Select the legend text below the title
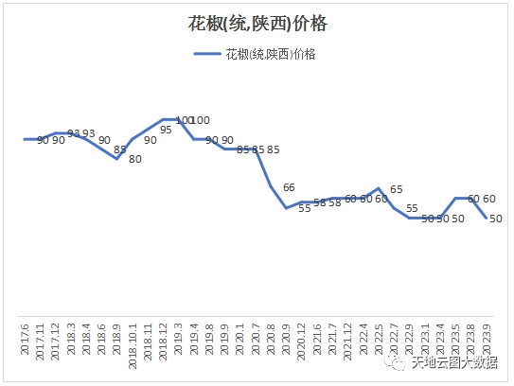tap(271, 54)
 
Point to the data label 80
tap(135, 159)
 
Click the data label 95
tap(166, 130)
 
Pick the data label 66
tap(289, 187)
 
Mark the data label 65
tap(396, 189)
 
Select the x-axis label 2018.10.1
tap(133, 338)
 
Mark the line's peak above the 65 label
tap(379, 188)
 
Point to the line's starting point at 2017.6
tap(26, 139)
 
